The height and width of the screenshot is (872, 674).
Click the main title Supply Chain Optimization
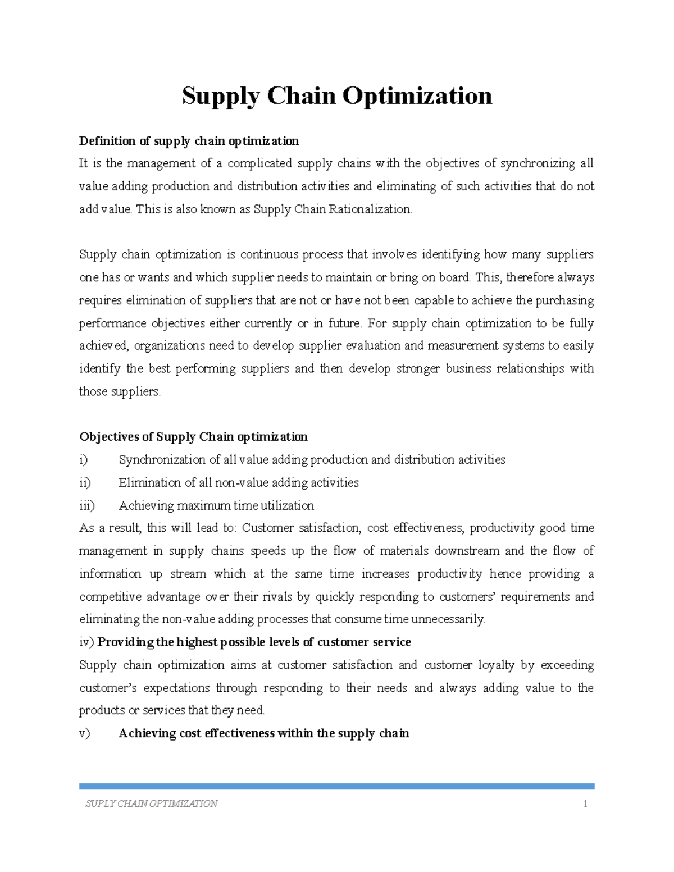(337, 96)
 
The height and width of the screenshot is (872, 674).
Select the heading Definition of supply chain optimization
(189, 140)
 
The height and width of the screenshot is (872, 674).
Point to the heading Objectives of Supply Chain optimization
(193, 437)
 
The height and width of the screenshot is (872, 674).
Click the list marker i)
(84, 460)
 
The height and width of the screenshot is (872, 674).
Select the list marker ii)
(85, 483)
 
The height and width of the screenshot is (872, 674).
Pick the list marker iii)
(86, 506)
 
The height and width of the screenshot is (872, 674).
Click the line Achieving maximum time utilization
(216, 506)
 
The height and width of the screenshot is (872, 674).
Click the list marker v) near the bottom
(84, 733)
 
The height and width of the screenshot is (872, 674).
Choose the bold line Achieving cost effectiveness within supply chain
(263, 733)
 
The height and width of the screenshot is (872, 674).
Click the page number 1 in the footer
(585, 804)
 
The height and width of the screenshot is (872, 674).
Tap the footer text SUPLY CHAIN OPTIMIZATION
(151, 804)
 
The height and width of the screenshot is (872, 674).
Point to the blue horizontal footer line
(337, 787)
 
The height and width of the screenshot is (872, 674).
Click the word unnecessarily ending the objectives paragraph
(447, 619)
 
